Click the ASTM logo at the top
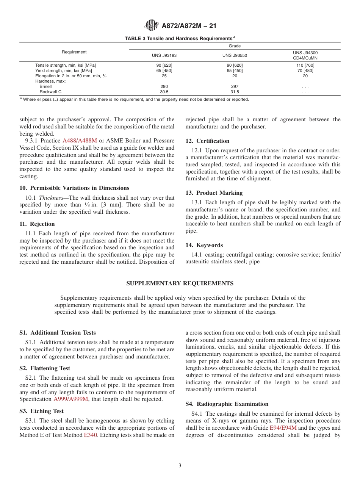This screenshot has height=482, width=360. tap(152, 26)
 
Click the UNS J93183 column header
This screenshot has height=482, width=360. tap(164, 55)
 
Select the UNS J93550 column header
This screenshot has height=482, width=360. tap(235, 55)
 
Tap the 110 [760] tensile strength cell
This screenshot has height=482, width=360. tap(305, 65)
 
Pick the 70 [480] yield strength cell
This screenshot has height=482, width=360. tap(305, 70)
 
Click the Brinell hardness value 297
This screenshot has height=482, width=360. tap(235, 86)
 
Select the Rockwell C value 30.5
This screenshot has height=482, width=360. tap(164, 92)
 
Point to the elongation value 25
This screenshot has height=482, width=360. tap(164, 76)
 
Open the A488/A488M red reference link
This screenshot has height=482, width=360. tap(80, 141)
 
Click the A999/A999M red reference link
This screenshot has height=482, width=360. tap(71, 399)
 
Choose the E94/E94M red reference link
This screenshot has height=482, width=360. tap(283, 428)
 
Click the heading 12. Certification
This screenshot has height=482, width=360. tap(207, 141)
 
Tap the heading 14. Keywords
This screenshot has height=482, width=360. tap(204, 245)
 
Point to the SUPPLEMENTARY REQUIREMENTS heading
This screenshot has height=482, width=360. tap(180, 283)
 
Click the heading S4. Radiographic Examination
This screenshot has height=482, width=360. tap(227, 404)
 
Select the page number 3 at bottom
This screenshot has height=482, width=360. tap(180, 466)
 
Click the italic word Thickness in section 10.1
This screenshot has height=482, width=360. tap(51, 198)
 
